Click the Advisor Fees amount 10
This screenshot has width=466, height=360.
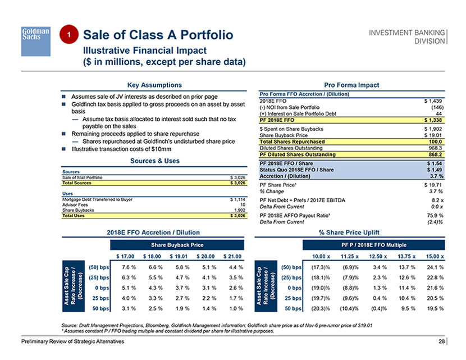(243, 205)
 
